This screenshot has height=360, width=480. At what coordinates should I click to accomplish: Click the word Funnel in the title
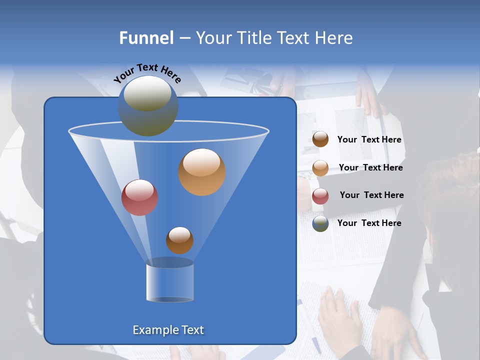pos(146,38)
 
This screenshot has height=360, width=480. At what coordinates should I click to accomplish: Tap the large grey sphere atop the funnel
pos(147,105)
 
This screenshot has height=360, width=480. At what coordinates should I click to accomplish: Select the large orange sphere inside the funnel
pos(201,171)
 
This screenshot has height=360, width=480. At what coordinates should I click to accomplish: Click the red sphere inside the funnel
pos(139,197)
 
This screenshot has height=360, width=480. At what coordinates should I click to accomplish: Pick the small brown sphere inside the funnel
pos(179,240)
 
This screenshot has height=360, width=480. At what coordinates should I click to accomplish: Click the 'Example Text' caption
pos(168,330)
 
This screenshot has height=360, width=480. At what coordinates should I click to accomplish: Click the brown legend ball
pos(320,139)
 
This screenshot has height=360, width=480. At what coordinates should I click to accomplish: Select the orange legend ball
pos(320,168)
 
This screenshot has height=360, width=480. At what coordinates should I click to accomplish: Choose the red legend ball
pos(320,196)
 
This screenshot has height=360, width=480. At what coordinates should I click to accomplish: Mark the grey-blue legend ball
pos(320,223)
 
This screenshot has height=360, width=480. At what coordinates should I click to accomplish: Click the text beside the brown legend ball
pos(369,140)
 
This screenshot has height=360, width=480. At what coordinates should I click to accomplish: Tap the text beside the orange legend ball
pos(370,168)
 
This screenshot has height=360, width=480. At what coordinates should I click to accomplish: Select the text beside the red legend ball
pos(371,195)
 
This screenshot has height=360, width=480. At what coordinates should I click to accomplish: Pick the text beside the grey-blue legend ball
pos(369,223)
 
